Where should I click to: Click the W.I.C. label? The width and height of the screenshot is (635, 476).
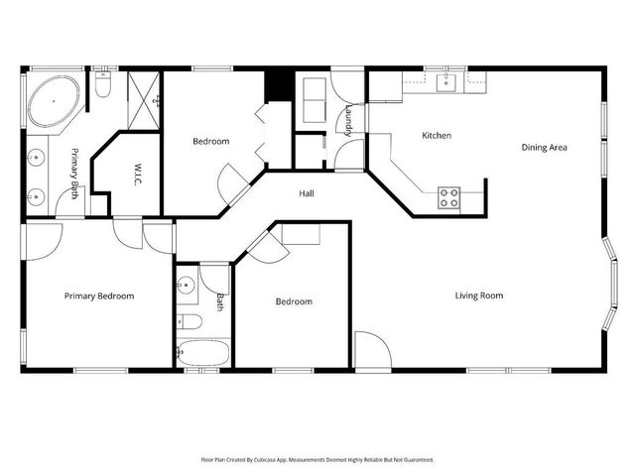click(128, 176)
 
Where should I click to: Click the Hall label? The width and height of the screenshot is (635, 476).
click(308, 194)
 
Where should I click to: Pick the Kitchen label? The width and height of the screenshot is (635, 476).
click(437, 136)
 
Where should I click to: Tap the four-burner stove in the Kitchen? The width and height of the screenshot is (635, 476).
click(448, 196)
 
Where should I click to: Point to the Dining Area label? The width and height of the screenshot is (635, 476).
click(544, 148)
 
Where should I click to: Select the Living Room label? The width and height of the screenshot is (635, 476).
click(479, 296)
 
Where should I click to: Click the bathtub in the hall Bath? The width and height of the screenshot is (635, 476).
click(203, 353)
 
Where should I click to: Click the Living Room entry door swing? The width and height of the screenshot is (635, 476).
click(369, 350)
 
